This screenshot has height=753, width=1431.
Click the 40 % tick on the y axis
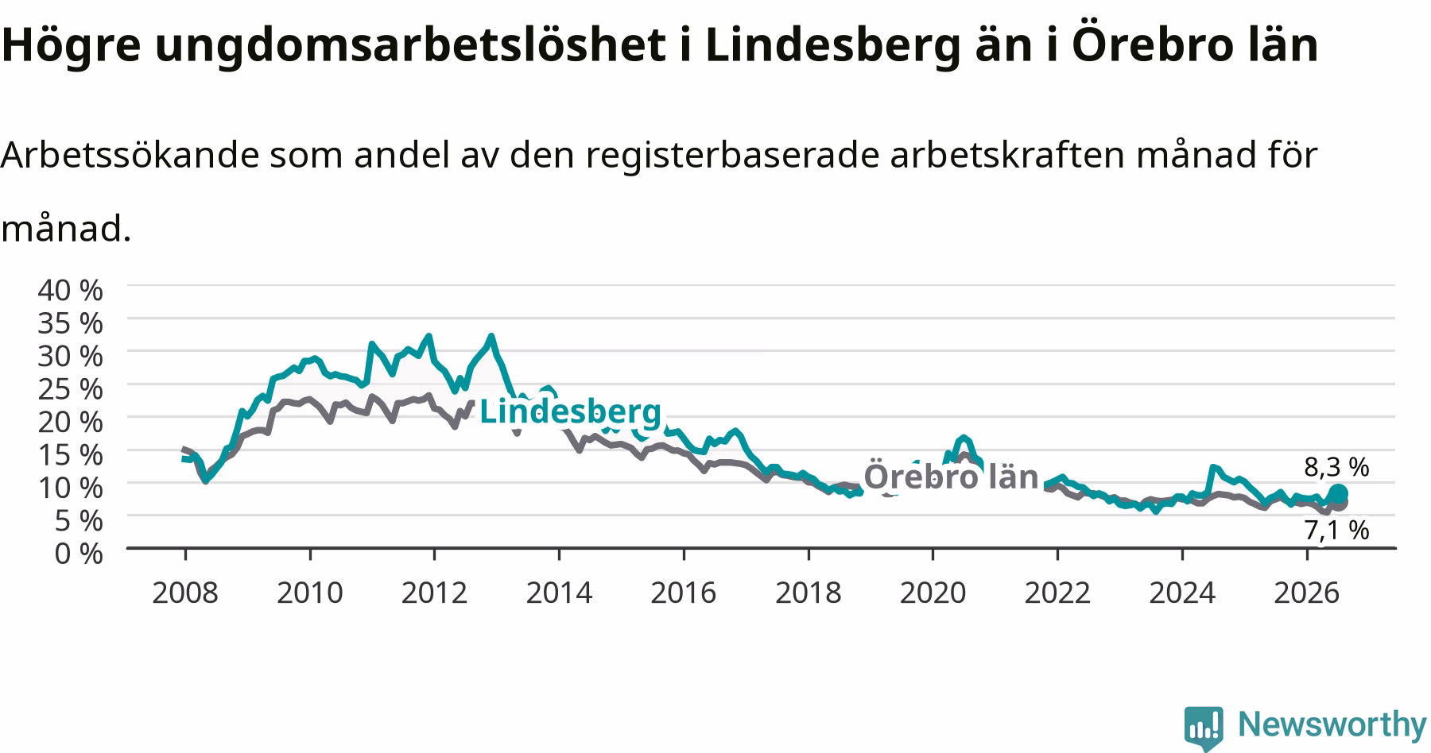[70, 290]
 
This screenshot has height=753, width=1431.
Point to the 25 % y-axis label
[70, 389]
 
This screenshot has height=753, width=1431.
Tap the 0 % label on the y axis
[78, 554]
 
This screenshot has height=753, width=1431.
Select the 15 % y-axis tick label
[70, 455]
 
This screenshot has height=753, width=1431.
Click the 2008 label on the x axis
[184, 593]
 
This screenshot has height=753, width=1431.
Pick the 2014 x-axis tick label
[559, 593]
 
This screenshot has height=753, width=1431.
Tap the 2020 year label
[933, 593]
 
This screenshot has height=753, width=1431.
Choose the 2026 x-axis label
[1307, 593]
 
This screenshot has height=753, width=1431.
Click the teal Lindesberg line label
[570, 412]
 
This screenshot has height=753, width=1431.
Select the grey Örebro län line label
[951, 477]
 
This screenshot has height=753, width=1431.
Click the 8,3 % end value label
[1336, 468]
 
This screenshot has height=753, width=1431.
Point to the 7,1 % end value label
[1336, 530]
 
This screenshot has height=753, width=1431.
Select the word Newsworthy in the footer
[1332, 724]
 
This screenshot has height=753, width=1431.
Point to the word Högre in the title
[71, 45]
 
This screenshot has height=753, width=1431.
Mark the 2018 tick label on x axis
[808, 593]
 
